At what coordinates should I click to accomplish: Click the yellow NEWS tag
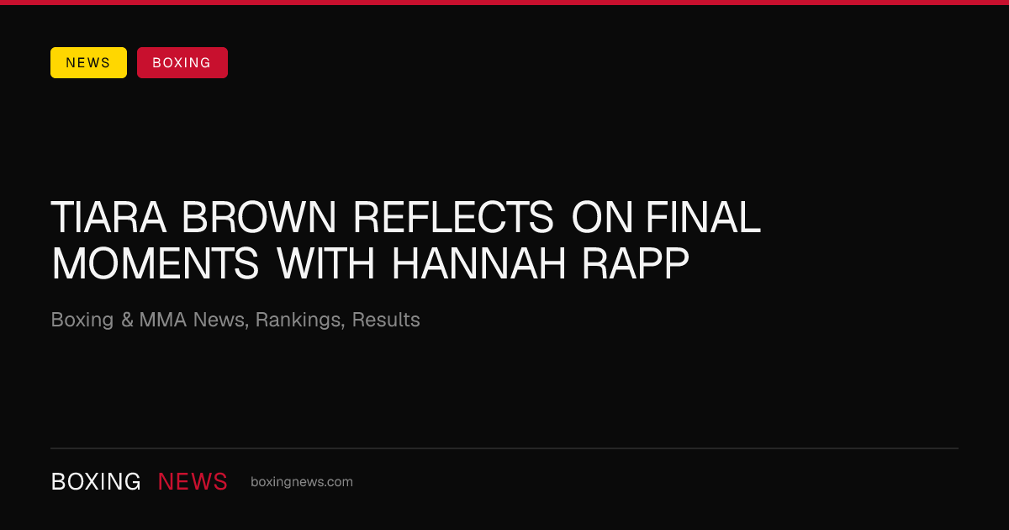click(x=88, y=62)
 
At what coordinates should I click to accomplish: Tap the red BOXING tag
click(x=182, y=62)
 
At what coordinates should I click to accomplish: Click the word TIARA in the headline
click(x=108, y=217)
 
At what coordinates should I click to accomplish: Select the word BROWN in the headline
click(x=259, y=217)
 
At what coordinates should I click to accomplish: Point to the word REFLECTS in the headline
click(x=453, y=217)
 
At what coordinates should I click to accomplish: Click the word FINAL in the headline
click(x=703, y=217)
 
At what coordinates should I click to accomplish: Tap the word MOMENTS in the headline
click(x=156, y=263)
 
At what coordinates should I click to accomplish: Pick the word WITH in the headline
click(x=325, y=263)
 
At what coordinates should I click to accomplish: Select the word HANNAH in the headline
click(x=478, y=263)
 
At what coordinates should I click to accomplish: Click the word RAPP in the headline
click(x=636, y=263)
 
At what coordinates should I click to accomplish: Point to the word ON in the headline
click(x=602, y=217)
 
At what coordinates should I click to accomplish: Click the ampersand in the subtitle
click(x=127, y=320)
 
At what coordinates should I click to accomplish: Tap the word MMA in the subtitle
click(x=162, y=320)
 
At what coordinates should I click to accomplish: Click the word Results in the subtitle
click(x=386, y=320)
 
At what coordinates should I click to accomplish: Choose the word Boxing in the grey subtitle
click(x=82, y=321)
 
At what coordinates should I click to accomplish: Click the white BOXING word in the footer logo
click(x=96, y=481)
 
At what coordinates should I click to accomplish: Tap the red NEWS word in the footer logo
click(x=193, y=481)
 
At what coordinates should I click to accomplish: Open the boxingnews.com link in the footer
click(x=302, y=482)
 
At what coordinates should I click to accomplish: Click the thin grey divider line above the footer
click(x=504, y=448)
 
